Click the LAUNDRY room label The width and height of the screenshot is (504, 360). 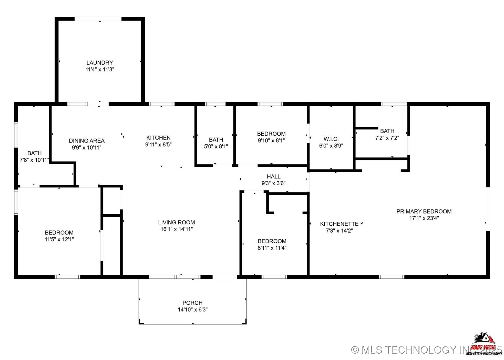tap(99, 63)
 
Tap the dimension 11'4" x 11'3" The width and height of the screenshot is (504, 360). tap(99, 69)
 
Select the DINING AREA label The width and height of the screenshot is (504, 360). tap(87, 141)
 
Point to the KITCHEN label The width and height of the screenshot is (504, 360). tap(158, 137)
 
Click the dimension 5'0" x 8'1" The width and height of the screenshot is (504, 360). tap(216, 146)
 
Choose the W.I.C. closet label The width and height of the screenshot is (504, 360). tap(331, 139)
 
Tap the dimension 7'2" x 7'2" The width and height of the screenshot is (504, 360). tap(387, 138)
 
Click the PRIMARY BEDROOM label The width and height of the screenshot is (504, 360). tap(424, 211)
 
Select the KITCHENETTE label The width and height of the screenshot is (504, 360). tap(339, 224)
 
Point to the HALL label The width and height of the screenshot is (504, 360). tap(273, 176)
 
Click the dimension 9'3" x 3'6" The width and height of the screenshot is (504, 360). tap(273, 183)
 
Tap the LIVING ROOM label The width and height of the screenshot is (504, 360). tap(176, 222)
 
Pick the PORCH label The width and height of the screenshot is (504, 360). tap(192, 303)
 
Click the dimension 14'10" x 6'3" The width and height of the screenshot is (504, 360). tap(192, 309)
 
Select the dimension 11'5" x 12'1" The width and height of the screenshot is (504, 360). tap(59, 239)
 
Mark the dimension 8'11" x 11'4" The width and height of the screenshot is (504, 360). tap(272, 248)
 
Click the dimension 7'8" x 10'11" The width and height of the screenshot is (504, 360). tap(34, 160)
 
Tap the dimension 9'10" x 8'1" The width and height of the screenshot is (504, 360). tap(271, 140)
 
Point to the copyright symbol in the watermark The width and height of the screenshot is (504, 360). tap(355, 350)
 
